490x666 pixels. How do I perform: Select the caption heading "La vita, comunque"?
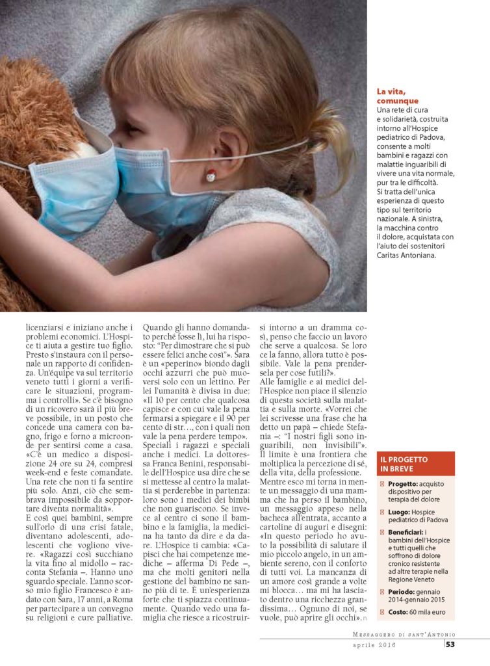398,96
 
